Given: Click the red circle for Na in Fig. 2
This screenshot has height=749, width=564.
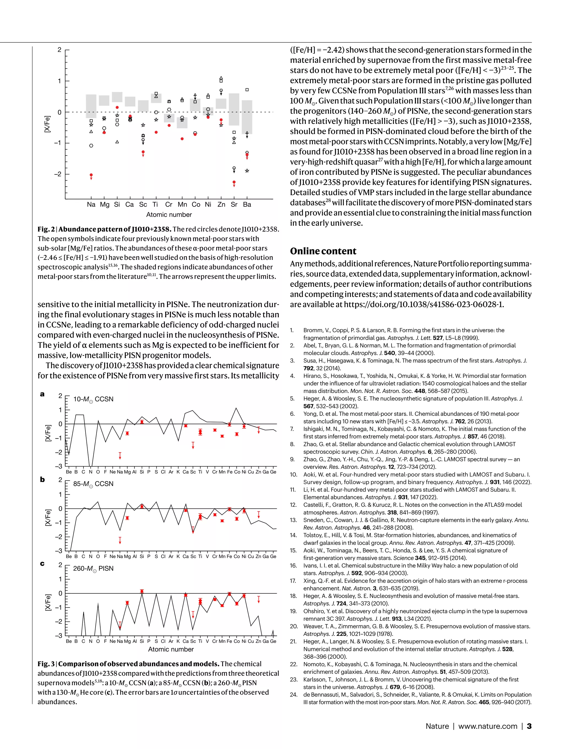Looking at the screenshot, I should click(91, 175).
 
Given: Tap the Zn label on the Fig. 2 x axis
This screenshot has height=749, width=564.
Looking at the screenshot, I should click(221, 205).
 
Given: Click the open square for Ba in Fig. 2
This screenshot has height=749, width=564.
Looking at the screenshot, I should click(247, 90).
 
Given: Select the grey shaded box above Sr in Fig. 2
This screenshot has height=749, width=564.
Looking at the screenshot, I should click(234, 109).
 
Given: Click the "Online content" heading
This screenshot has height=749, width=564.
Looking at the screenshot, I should click(323, 251).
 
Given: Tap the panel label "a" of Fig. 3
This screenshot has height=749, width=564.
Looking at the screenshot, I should click(42, 394).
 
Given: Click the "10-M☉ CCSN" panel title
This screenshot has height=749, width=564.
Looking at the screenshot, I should click(93, 399).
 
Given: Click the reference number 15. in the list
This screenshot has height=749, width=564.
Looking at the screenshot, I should click(293, 551).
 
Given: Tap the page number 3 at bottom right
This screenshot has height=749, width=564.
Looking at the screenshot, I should click(529, 726).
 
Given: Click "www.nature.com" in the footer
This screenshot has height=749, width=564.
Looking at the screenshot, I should click(487, 726).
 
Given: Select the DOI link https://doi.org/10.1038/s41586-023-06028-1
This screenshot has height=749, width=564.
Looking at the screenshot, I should click(424, 304).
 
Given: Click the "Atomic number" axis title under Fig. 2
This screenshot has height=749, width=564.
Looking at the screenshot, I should click(169, 215).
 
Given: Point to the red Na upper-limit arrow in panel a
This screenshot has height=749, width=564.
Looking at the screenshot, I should click(120, 455).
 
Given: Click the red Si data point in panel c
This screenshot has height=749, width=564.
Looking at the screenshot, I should click(142, 591).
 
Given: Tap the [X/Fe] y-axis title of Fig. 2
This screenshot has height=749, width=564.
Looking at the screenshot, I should click(47, 124).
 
